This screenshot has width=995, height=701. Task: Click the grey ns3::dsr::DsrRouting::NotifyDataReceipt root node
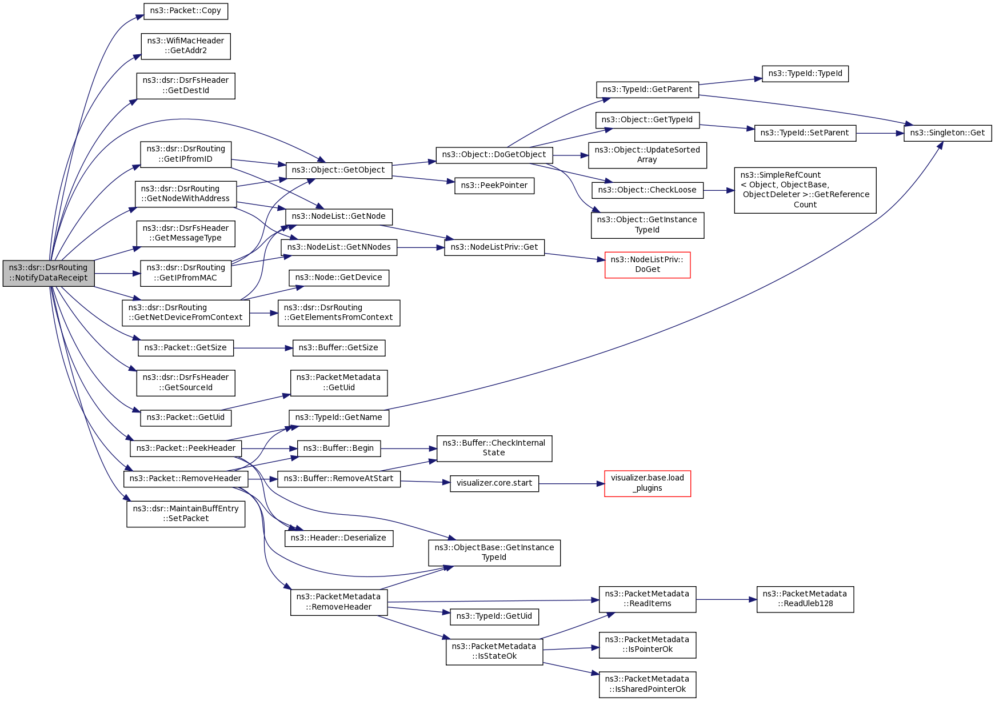pyautogui.click(x=49, y=273)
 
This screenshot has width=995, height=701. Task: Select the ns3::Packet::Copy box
pyautogui.click(x=186, y=11)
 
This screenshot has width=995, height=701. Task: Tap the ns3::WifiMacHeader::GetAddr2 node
pyautogui.click(x=186, y=46)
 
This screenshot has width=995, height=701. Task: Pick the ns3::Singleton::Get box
pyautogui.click(x=947, y=133)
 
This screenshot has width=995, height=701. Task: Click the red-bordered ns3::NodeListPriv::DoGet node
pyautogui.click(x=648, y=265)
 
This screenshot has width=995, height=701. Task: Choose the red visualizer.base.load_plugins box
pyautogui.click(x=648, y=483)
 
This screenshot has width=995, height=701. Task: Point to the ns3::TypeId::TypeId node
pyautogui.click(x=805, y=74)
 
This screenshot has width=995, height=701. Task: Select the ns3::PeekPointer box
pyautogui.click(x=494, y=186)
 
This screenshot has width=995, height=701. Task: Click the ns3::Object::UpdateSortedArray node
pyautogui.click(x=648, y=155)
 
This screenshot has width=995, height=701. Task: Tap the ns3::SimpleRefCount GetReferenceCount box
pyautogui.click(x=805, y=190)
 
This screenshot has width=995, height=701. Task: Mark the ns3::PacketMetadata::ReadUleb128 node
pyautogui.click(x=805, y=599)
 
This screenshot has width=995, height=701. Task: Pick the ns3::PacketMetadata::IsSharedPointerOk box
pyautogui.click(x=648, y=684)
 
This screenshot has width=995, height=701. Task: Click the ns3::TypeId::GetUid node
pyautogui.click(x=494, y=616)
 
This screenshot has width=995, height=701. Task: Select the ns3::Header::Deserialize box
pyautogui.click(x=339, y=538)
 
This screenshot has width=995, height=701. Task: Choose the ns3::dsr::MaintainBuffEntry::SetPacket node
pyautogui.click(x=186, y=514)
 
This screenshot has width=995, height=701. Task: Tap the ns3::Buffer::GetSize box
pyautogui.click(x=339, y=348)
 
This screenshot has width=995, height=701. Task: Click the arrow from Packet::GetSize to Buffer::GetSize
pyautogui.click(x=263, y=348)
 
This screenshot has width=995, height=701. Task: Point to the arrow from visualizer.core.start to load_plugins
pyautogui.click(x=572, y=484)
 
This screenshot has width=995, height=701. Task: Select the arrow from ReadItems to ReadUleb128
pyautogui.click(x=726, y=599)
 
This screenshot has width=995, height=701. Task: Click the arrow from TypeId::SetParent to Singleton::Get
pyautogui.click(x=880, y=133)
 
